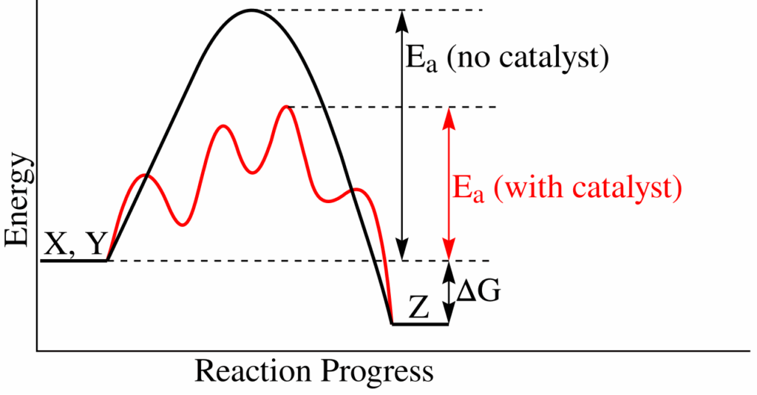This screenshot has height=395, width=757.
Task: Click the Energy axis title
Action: tap(18, 199)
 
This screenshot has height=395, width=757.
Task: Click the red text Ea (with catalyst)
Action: tap(566, 188)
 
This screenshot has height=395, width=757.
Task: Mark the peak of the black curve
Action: tap(251, 10)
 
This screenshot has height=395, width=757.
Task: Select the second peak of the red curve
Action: tap(224, 126)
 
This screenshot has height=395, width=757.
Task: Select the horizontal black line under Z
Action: tap(420, 324)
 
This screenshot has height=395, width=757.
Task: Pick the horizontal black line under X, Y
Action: tap(74, 260)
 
